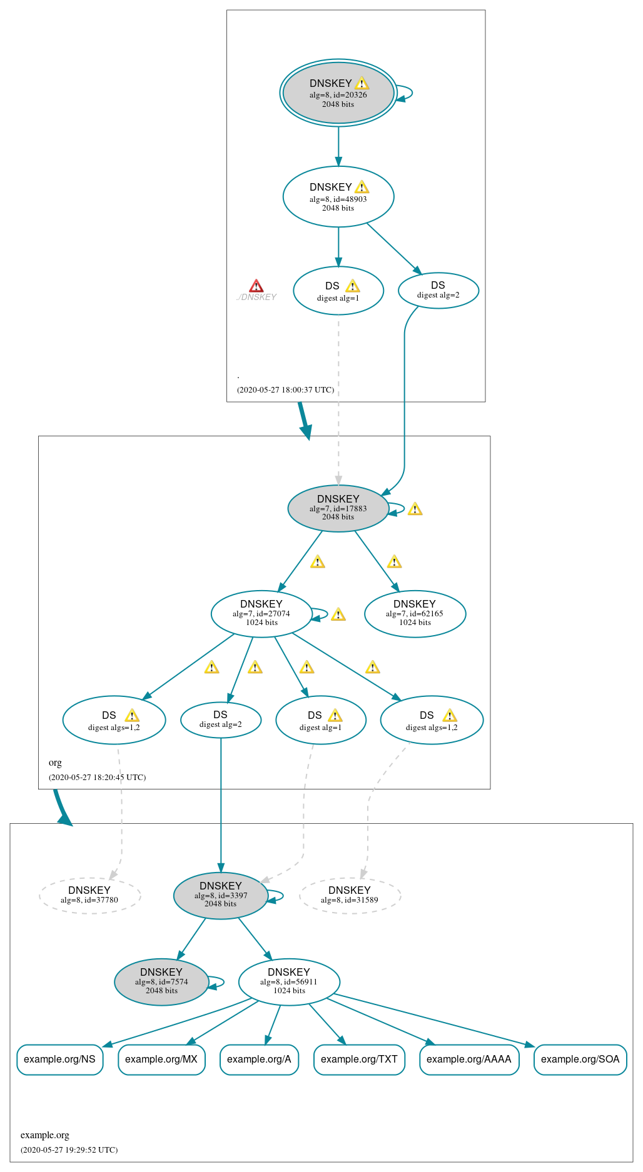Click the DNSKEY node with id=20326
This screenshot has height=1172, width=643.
[x=338, y=93]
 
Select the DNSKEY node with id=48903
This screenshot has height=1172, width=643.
[x=338, y=197]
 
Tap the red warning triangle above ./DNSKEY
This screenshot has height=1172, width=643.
[x=256, y=286]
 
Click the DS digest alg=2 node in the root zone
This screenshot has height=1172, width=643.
[x=438, y=291]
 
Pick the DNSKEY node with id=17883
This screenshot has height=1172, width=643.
[x=338, y=508]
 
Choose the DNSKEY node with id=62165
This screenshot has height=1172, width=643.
[x=415, y=614]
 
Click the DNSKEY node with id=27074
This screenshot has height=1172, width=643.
[x=261, y=614]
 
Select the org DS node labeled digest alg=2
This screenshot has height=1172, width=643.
[x=221, y=720]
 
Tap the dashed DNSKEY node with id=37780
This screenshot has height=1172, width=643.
[x=89, y=895]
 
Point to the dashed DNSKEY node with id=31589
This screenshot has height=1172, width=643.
[x=350, y=895]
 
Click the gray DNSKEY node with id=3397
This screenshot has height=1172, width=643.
[x=221, y=895]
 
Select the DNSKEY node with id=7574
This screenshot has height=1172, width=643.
[x=161, y=981]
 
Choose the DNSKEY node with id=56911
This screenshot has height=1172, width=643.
[x=289, y=981]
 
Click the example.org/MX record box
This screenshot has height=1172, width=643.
[x=161, y=1059]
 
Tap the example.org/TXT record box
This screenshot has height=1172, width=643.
[x=359, y=1059]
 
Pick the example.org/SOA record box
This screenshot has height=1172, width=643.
[x=580, y=1059]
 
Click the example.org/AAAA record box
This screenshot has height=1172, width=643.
[x=469, y=1059]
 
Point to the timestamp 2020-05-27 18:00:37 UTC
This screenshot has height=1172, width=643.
[x=285, y=390]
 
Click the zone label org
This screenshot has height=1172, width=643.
[x=55, y=763]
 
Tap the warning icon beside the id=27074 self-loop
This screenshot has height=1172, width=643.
[x=338, y=614]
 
